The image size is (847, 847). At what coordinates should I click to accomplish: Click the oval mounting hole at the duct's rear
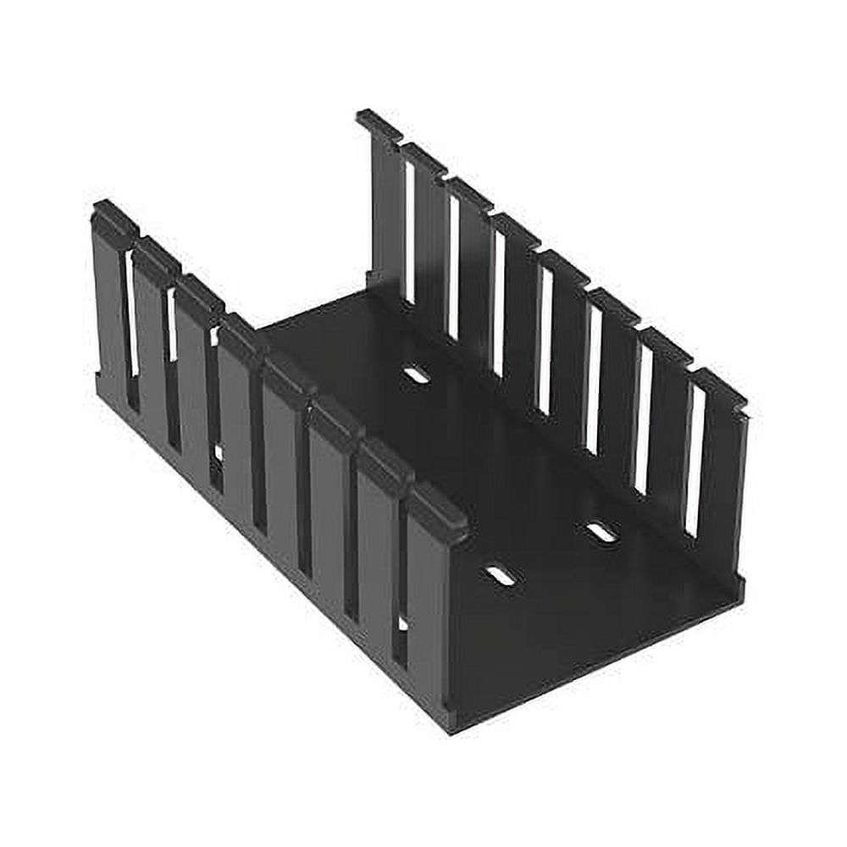(x=416, y=374)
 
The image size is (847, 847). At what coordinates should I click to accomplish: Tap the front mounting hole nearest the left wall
(x=500, y=576)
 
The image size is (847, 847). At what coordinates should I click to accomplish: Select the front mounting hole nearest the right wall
(x=601, y=532)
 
